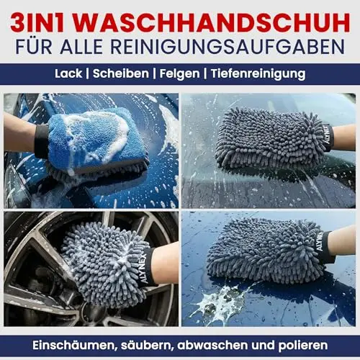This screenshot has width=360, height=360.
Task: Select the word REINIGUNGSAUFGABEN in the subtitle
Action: tap(228, 47)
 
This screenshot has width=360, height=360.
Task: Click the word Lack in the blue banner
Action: tap(68, 73)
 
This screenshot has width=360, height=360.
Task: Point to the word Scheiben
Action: tap(121, 73)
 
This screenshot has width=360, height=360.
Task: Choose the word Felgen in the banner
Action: tap(179, 74)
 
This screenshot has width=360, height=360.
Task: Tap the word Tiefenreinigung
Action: tap(258, 74)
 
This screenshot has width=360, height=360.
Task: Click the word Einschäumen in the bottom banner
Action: tap(75, 346)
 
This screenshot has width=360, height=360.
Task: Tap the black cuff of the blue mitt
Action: tap(41, 142)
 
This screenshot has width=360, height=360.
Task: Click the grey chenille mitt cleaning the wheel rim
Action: tap(106, 263)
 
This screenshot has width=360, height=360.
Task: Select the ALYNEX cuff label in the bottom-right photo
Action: tap(320, 242)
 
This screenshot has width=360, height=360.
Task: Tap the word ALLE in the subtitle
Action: tap(81, 47)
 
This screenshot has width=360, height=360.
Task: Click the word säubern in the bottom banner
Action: tap(148, 346)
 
